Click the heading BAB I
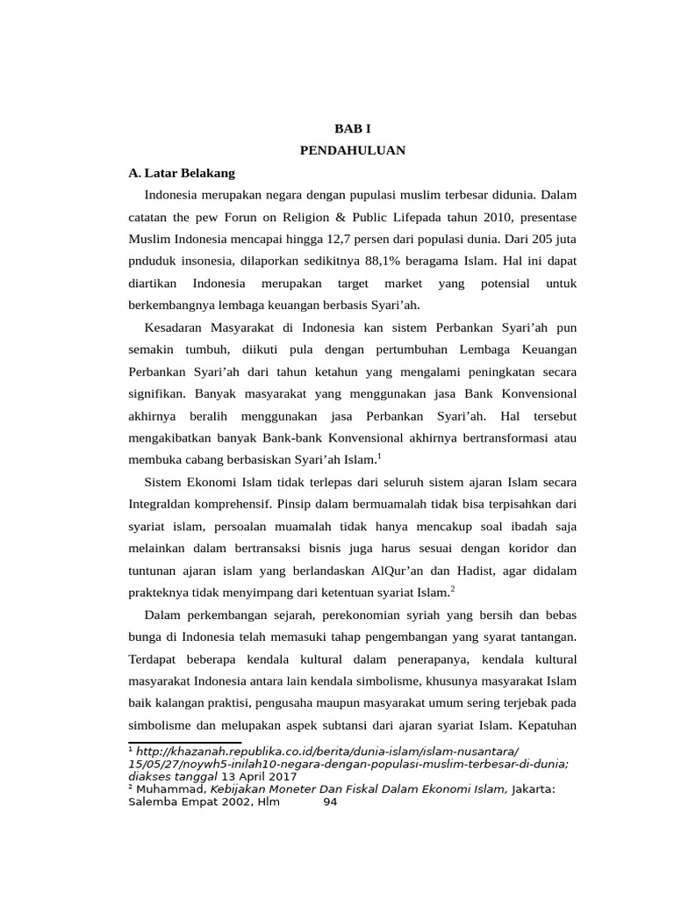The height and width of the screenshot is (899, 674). [x=352, y=128]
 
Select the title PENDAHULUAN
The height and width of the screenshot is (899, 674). [x=352, y=150]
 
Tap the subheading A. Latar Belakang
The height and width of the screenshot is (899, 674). [x=182, y=173]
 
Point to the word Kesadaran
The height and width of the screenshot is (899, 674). [x=174, y=327]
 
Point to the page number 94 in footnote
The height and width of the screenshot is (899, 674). [x=330, y=801]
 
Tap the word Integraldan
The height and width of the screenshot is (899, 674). [x=167, y=504]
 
